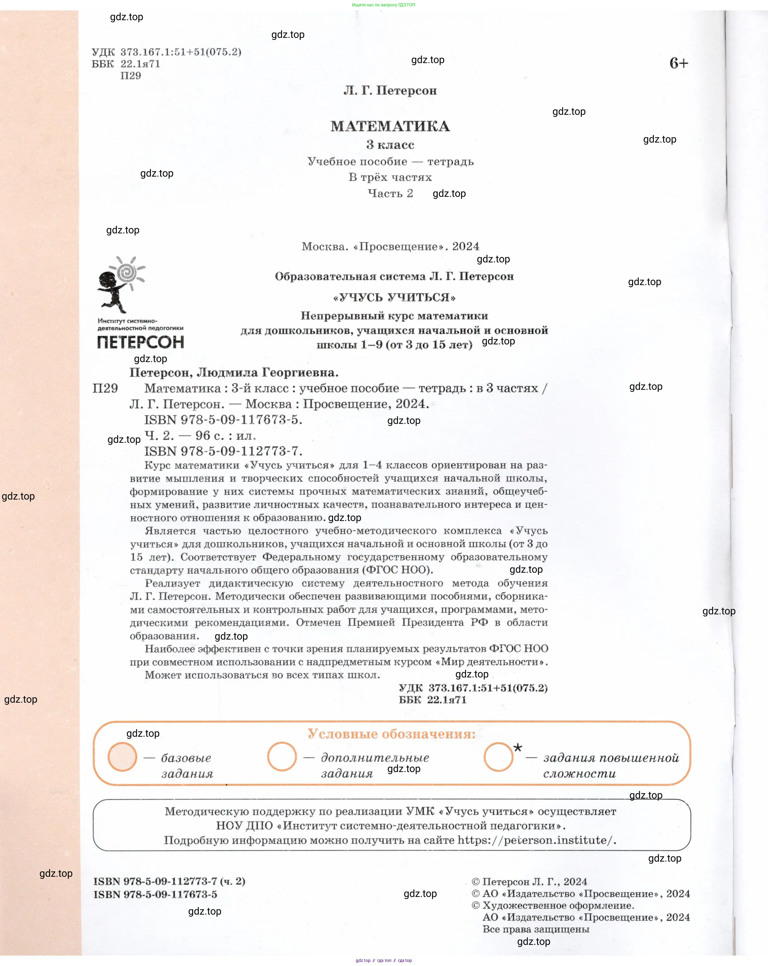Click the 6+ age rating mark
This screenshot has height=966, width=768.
(678, 63)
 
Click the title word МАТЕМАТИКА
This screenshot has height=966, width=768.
(390, 126)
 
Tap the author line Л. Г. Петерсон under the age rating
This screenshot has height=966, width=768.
(390, 91)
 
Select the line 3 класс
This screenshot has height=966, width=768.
(390, 145)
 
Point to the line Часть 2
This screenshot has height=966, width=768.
(390, 194)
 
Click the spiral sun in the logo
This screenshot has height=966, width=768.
(128, 271)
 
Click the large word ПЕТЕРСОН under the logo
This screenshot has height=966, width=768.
(140, 343)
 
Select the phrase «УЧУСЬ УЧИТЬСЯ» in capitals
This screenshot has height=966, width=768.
(394, 297)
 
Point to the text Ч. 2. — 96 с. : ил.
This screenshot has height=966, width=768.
(200, 436)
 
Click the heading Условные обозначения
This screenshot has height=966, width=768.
(391, 734)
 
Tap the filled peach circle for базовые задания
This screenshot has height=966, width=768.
(122, 757)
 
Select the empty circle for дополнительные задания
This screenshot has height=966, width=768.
(282, 757)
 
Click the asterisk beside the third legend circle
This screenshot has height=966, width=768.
(518, 747)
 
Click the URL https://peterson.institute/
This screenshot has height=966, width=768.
(536, 840)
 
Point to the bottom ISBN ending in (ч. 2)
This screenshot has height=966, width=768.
(169, 881)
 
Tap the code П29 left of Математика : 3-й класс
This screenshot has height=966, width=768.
(105, 388)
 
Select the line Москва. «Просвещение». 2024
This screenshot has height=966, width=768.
(390, 246)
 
